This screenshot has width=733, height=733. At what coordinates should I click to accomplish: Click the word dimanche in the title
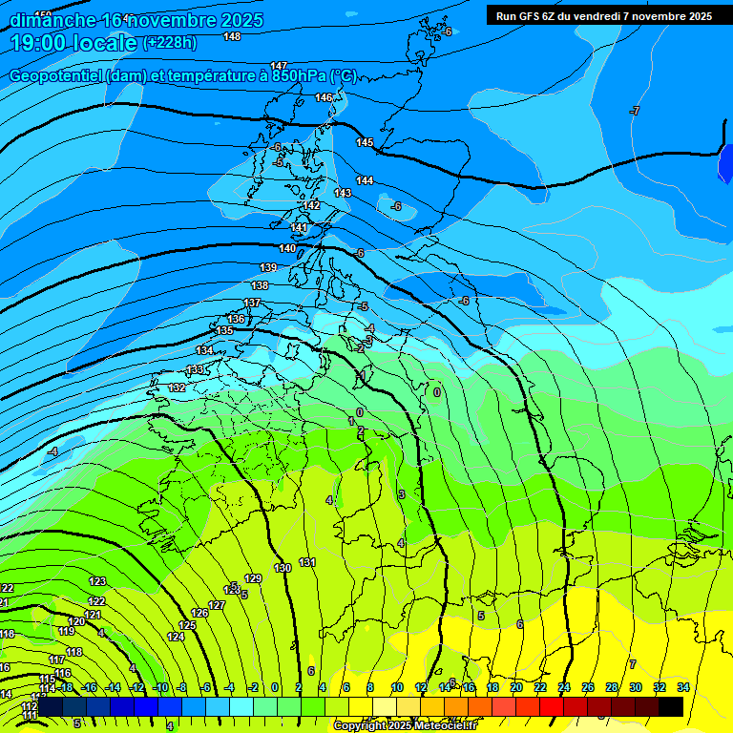pos(52,20)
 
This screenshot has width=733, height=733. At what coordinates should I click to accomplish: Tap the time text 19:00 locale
pos(73,43)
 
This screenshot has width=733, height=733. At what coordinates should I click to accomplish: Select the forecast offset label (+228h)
pos(169,43)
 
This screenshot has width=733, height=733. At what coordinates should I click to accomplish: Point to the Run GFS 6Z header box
pos(603,16)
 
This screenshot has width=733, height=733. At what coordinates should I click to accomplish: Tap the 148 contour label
pos(232,36)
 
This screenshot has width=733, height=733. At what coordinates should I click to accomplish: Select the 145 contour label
pos(365,142)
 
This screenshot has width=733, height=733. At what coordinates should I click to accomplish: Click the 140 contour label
pos(287,248)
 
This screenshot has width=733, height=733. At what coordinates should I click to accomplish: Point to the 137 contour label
pos(252,303)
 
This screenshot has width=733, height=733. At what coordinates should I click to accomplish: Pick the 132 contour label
pos(178,387)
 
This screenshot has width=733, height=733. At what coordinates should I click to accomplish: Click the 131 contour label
pos(307,562)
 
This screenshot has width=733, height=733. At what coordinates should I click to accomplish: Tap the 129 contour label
pos(253,578)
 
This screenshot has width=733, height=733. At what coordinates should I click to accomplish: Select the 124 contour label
pos(176,637)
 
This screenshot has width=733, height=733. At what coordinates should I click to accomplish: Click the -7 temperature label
pos(634,112)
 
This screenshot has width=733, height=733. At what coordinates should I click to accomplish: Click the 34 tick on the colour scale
pos(682,687)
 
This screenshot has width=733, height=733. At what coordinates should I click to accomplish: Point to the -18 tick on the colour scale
pos(65,687)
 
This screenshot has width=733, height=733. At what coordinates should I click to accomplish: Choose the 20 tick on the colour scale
pos(516,687)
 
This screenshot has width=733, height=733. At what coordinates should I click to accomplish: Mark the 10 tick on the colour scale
pos(397,687)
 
